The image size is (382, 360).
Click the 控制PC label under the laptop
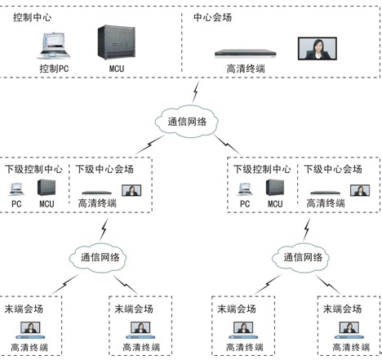point(54,69)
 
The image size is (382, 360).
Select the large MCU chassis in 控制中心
point(117,42)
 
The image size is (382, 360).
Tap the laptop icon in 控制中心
point(53,46)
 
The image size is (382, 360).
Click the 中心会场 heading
point(212,17)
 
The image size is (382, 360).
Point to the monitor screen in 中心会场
point(318,49)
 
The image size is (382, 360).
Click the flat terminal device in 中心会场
point(246,54)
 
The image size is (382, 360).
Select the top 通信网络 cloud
point(187,121)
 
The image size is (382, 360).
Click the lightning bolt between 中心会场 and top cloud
point(196,92)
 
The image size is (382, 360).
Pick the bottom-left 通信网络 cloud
point(98,257)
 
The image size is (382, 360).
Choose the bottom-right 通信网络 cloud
point(301,257)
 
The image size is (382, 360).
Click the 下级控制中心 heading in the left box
point(33,169)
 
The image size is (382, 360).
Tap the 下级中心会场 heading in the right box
point(333,169)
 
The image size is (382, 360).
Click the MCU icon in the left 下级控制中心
point(47,187)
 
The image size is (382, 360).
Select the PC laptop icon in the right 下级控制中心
point(245,189)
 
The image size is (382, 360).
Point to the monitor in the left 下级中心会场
point(131,190)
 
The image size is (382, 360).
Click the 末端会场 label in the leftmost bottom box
point(24,309)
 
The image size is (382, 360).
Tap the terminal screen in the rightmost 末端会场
point(349,327)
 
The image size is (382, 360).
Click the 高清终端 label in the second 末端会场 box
point(141,347)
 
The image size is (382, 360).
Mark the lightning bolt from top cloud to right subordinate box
point(227,144)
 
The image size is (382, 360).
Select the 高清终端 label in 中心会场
point(246,69)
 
